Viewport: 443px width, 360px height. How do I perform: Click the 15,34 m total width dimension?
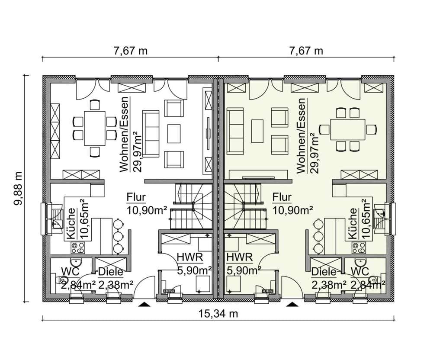[218, 314]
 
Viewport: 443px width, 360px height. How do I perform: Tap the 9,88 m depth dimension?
[18, 188]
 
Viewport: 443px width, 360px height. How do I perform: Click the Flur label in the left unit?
[136, 197]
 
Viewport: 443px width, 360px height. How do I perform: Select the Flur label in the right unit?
[282, 197]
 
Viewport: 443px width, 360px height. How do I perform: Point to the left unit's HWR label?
[190, 257]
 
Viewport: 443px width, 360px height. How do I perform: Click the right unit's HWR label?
[239, 257]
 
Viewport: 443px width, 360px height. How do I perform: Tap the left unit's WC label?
[71, 272]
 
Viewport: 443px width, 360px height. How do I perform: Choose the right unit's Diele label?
[324, 272]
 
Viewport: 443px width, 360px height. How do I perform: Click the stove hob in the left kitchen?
[78, 248]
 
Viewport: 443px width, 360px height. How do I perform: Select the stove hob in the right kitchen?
[359, 248]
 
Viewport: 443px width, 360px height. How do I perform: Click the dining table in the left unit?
[95, 128]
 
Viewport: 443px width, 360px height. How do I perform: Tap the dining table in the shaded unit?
[348, 129]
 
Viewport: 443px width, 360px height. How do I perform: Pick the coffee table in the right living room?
[257, 131]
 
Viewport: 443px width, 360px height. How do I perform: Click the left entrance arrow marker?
[144, 304]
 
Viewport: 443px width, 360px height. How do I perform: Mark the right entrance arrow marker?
[293, 304]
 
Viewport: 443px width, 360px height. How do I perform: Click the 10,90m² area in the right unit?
[293, 210]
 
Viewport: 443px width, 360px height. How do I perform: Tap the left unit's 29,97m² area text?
[138, 152]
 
